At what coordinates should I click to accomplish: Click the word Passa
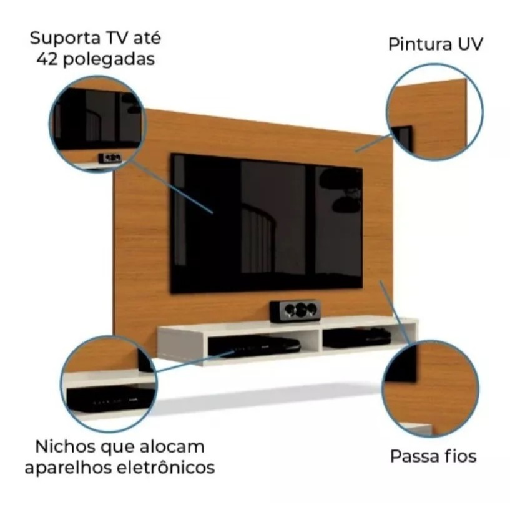413,456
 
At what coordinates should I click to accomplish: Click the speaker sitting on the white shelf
295,310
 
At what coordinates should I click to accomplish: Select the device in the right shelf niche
358,337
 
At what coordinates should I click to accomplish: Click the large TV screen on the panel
267,223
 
